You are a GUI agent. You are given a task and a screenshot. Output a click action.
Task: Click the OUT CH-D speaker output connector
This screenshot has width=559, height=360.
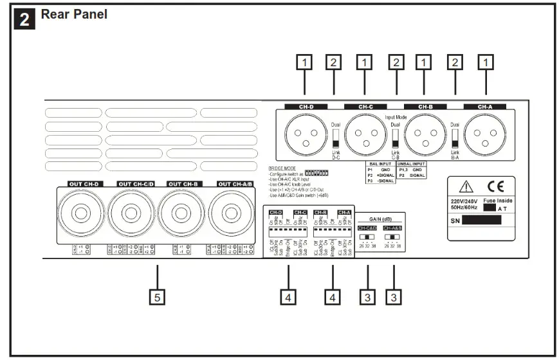click(x=82, y=213)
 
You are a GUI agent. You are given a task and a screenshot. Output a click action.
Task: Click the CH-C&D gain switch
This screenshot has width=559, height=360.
click(x=366, y=236)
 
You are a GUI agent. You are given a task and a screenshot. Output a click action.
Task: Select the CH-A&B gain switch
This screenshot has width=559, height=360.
click(x=392, y=236)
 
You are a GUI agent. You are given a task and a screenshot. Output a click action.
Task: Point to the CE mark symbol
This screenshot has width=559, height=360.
click(x=495, y=186)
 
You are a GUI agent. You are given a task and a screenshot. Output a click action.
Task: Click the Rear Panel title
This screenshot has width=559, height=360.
click(x=74, y=14)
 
